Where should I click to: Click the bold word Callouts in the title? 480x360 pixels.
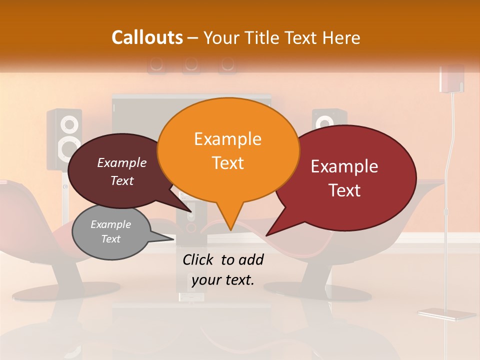click(147, 37)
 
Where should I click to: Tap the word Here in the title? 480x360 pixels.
click(340, 38)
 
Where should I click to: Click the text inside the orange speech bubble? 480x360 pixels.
click(228, 151)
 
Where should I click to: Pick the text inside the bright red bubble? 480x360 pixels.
click(344, 178)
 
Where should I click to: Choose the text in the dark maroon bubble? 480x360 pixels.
click(122, 171)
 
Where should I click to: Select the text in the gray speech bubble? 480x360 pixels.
click(111, 231)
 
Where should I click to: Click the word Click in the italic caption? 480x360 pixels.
click(199, 259)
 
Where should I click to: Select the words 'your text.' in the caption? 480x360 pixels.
click(223, 280)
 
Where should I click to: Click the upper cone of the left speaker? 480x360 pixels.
click(69, 123)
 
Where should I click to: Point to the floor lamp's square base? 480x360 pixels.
click(446, 314)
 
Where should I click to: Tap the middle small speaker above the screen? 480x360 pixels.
click(190, 64)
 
